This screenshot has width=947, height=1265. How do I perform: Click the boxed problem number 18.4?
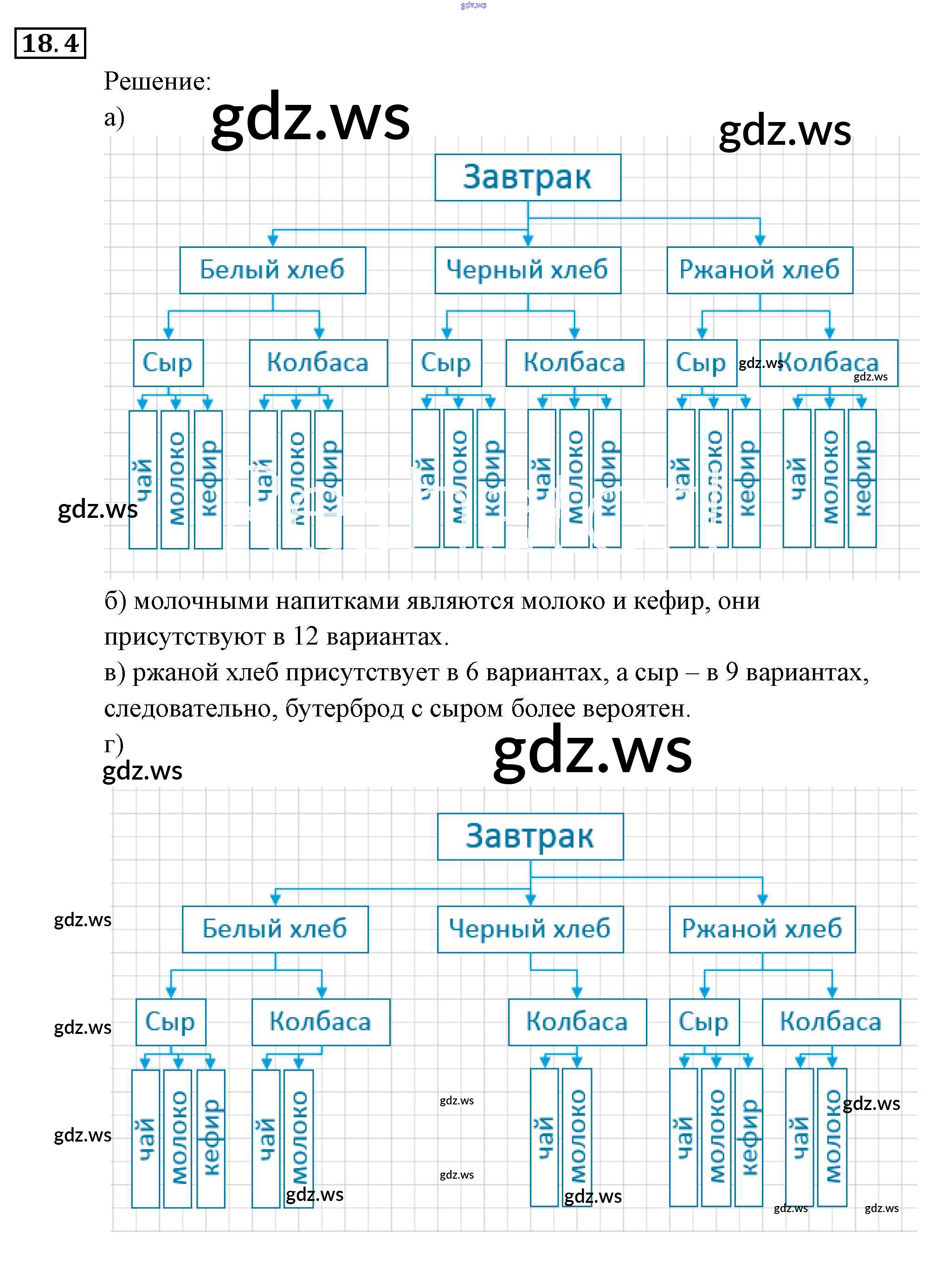(50, 43)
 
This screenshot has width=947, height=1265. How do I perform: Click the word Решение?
(157, 81)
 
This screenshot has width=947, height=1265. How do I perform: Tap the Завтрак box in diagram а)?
(527, 177)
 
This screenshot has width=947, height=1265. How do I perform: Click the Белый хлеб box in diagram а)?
(272, 270)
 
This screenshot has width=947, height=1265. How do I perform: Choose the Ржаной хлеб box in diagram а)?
(760, 270)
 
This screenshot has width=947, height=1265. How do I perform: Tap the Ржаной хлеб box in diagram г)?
(762, 929)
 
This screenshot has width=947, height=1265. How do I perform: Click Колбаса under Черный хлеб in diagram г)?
(577, 1021)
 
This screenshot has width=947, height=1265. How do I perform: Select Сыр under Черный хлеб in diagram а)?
(446, 362)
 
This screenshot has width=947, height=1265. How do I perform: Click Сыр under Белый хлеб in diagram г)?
(170, 1021)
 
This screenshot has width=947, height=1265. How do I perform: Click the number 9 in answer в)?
(731, 672)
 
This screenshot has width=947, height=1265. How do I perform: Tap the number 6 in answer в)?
(472, 672)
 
